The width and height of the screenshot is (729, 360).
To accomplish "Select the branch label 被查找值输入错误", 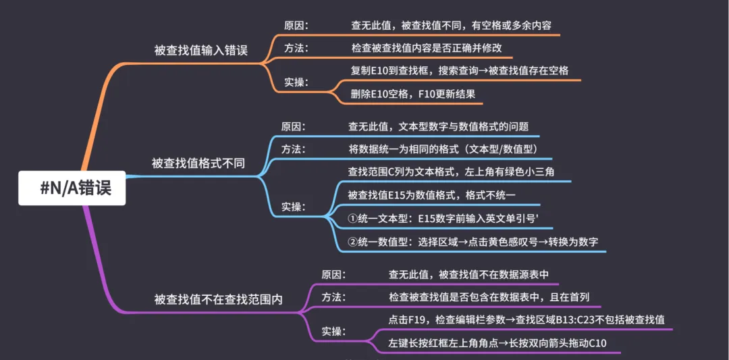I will tap(200, 50).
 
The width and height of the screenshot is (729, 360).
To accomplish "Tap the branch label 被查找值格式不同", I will tap(198, 163).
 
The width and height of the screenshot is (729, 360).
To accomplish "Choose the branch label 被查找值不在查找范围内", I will tap(218, 300).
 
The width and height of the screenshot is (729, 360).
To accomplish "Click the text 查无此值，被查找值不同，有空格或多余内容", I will tap(451, 26).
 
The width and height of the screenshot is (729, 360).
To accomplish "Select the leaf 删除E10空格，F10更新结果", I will tap(413, 94).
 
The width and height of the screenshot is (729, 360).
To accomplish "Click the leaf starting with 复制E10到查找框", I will tap(460, 71).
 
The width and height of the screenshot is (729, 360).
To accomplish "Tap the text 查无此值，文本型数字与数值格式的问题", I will tap(438, 126).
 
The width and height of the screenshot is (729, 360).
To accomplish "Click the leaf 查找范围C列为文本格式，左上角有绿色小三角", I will tap(451, 172).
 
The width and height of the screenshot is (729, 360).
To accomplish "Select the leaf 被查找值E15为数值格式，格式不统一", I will tap(431, 195).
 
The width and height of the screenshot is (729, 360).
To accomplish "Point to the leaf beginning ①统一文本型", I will tap(443, 218).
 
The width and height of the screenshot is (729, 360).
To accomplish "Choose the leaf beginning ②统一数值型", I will tap(473, 241).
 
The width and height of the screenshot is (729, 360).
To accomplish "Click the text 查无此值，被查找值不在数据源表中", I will tap(468, 274).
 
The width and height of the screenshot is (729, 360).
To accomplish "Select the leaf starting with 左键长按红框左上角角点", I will tap(497, 343).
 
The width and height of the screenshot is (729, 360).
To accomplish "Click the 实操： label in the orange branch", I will tap(296, 82).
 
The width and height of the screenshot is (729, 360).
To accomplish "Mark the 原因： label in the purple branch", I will tap(333, 274).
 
